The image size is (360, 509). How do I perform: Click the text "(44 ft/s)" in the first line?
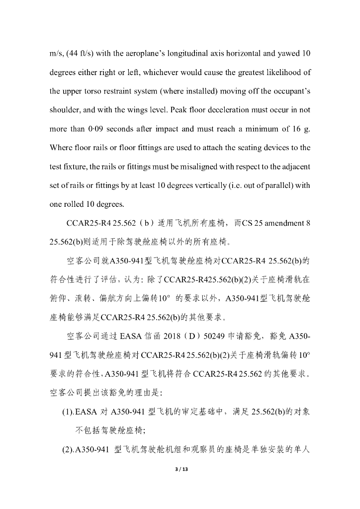[77, 54]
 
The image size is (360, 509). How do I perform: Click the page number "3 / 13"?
[180, 469]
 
